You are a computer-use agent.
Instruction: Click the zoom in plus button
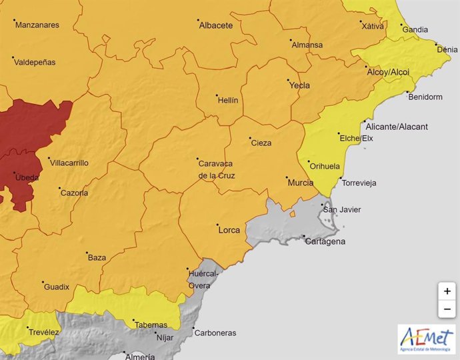(x=447, y=291)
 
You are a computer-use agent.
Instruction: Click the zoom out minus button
(x=447, y=309)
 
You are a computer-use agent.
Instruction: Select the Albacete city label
(x=217, y=25)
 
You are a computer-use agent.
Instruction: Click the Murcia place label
(x=300, y=181)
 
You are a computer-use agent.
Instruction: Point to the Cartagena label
(x=325, y=241)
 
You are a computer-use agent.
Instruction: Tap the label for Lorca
(x=229, y=230)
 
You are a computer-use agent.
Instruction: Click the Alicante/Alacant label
(x=397, y=127)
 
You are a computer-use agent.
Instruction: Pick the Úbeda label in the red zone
(x=27, y=178)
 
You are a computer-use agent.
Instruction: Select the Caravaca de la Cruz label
(x=217, y=169)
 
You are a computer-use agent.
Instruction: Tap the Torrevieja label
(x=359, y=182)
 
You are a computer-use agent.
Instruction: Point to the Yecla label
(x=299, y=85)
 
